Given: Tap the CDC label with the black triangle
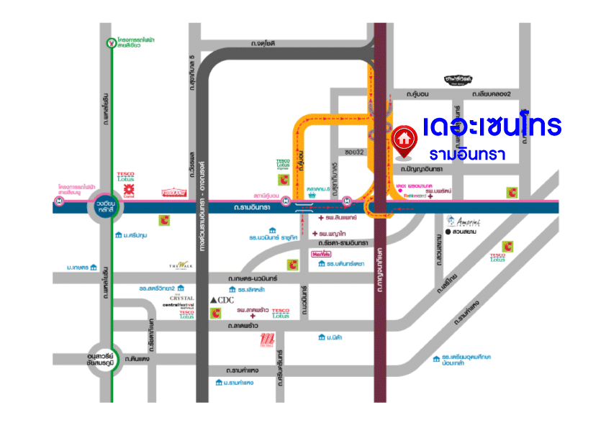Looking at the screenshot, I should [x=222, y=299].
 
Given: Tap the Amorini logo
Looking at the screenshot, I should [x=463, y=221].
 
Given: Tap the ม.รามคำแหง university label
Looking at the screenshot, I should [x=234, y=383].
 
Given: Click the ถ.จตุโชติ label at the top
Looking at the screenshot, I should [x=263, y=44].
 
